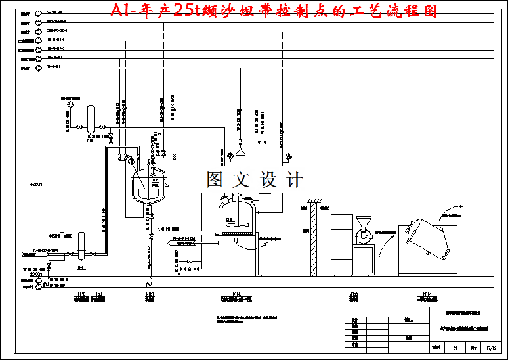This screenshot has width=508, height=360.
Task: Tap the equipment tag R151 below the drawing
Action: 149,294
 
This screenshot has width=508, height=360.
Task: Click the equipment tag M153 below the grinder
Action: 354,294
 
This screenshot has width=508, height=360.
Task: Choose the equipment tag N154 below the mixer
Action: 427,294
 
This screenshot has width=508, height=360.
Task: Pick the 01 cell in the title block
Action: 454,348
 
